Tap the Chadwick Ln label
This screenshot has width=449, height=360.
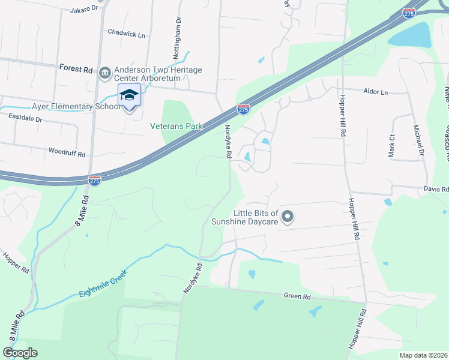(x=126, y=34)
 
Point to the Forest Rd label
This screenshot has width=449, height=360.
(x=76, y=69)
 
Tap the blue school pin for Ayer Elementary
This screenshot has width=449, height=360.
(x=130, y=97)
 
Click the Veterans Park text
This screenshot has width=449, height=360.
(x=176, y=126)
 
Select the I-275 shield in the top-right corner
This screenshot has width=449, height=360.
(x=409, y=13)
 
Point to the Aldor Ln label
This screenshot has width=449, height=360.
(x=376, y=92)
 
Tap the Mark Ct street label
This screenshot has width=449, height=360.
(x=391, y=146)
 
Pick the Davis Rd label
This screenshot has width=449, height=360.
(x=436, y=189)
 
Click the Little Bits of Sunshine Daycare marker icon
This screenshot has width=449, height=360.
(x=288, y=216)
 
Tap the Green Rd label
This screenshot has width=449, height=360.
(x=297, y=296)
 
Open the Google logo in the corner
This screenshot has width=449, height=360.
(x=20, y=353)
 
